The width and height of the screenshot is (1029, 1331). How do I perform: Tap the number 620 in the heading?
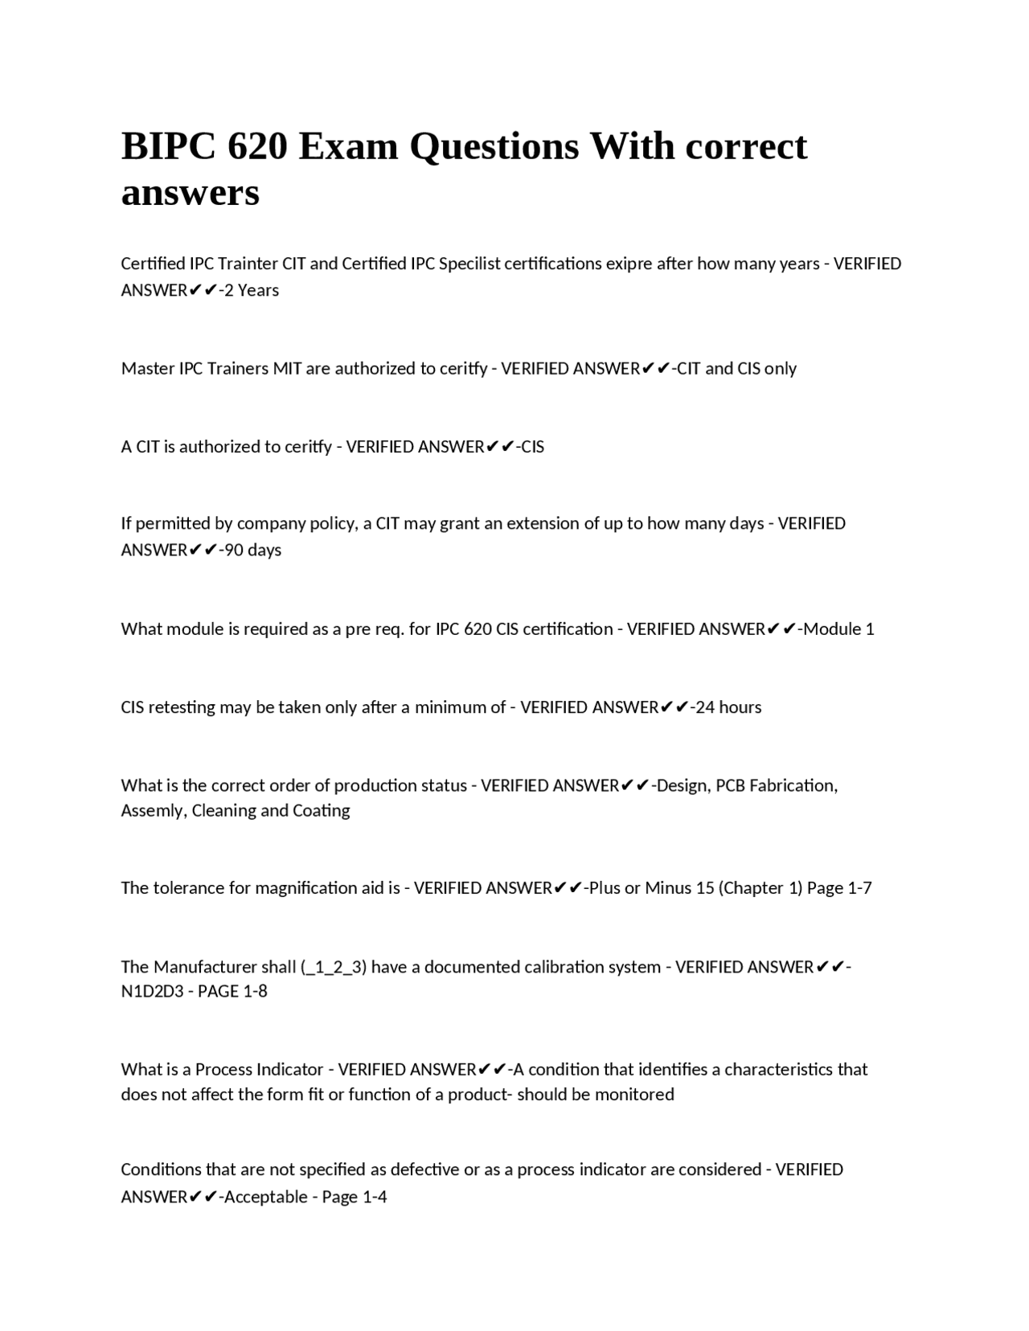click(257, 147)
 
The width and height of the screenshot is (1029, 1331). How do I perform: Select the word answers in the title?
click(191, 193)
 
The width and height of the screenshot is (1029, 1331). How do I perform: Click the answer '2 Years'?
click(252, 290)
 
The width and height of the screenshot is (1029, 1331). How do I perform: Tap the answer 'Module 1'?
click(838, 629)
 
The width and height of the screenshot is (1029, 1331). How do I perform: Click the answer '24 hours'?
click(728, 707)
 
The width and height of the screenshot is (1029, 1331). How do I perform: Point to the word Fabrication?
click(792, 785)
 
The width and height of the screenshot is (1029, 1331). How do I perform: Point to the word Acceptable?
click(265, 1198)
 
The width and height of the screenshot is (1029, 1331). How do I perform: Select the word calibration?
click(576, 967)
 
